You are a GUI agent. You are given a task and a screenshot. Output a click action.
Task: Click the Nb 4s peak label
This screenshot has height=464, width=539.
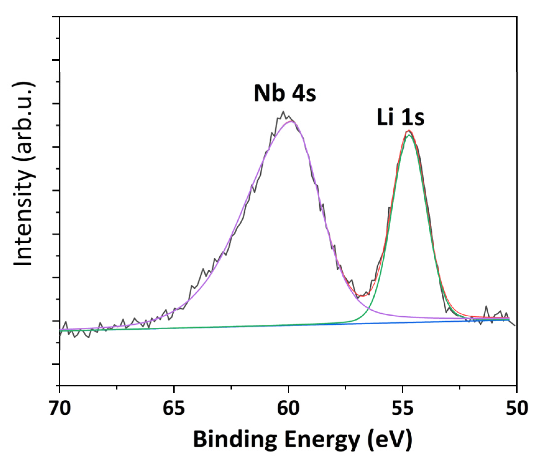(x=285, y=93)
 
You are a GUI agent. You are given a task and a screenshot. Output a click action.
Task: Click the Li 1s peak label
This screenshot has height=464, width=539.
(x=400, y=117)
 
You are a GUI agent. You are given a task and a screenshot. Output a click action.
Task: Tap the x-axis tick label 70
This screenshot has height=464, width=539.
(x=60, y=408)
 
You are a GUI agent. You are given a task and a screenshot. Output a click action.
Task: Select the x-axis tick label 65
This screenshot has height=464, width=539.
(x=174, y=408)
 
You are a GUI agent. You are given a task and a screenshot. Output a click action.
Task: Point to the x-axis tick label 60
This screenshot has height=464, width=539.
(x=288, y=408)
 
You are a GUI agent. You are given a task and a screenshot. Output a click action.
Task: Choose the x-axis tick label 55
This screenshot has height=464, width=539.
(x=403, y=408)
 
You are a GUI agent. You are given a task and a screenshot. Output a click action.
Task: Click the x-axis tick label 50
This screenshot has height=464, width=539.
(x=517, y=408)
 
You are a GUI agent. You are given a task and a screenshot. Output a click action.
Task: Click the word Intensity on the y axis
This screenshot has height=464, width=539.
(x=23, y=217)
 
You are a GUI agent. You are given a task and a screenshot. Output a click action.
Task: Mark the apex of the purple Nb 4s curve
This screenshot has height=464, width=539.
(x=291, y=121)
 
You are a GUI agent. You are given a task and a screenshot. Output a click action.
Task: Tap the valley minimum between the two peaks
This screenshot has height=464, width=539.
(x=362, y=296)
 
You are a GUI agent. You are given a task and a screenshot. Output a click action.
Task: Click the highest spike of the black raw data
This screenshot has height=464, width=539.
(x=283, y=111)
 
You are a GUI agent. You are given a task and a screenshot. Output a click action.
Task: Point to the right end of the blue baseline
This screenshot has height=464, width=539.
(x=509, y=320)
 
